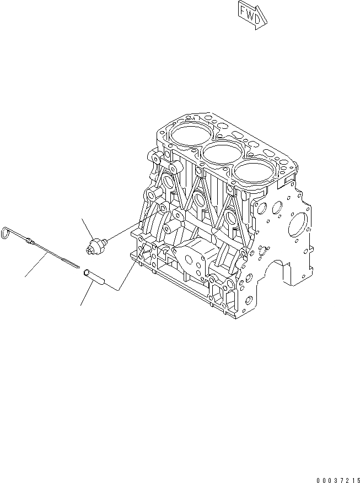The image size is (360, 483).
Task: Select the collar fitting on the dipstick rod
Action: coord(31,240)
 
